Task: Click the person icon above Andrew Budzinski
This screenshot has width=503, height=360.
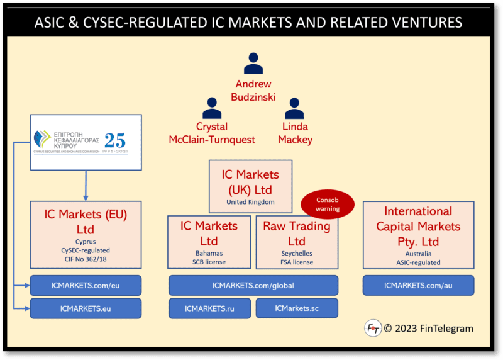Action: (x=253, y=64)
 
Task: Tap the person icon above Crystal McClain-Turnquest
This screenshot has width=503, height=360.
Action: (x=212, y=108)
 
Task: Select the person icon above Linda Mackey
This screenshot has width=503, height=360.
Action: (x=294, y=108)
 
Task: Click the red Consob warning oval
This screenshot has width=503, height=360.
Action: (x=327, y=205)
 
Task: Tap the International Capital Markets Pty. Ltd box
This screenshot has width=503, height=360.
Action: (x=418, y=234)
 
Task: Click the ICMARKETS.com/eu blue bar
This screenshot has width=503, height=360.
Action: (x=86, y=285)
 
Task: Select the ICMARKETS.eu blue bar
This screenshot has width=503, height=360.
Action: (x=86, y=308)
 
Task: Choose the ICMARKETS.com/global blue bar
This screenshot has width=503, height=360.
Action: (x=253, y=285)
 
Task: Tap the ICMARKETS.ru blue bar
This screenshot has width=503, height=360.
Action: (x=209, y=308)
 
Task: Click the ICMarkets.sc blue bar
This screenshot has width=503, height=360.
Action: (x=297, y=308)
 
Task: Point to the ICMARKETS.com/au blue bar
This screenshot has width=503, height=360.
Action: (x=418, y=285)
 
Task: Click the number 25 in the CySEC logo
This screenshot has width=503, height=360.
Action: (x=114, y=140)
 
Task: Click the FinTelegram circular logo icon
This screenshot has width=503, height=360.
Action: (x=373, y=328)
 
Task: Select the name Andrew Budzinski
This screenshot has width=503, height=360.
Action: (x=253, y=90)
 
